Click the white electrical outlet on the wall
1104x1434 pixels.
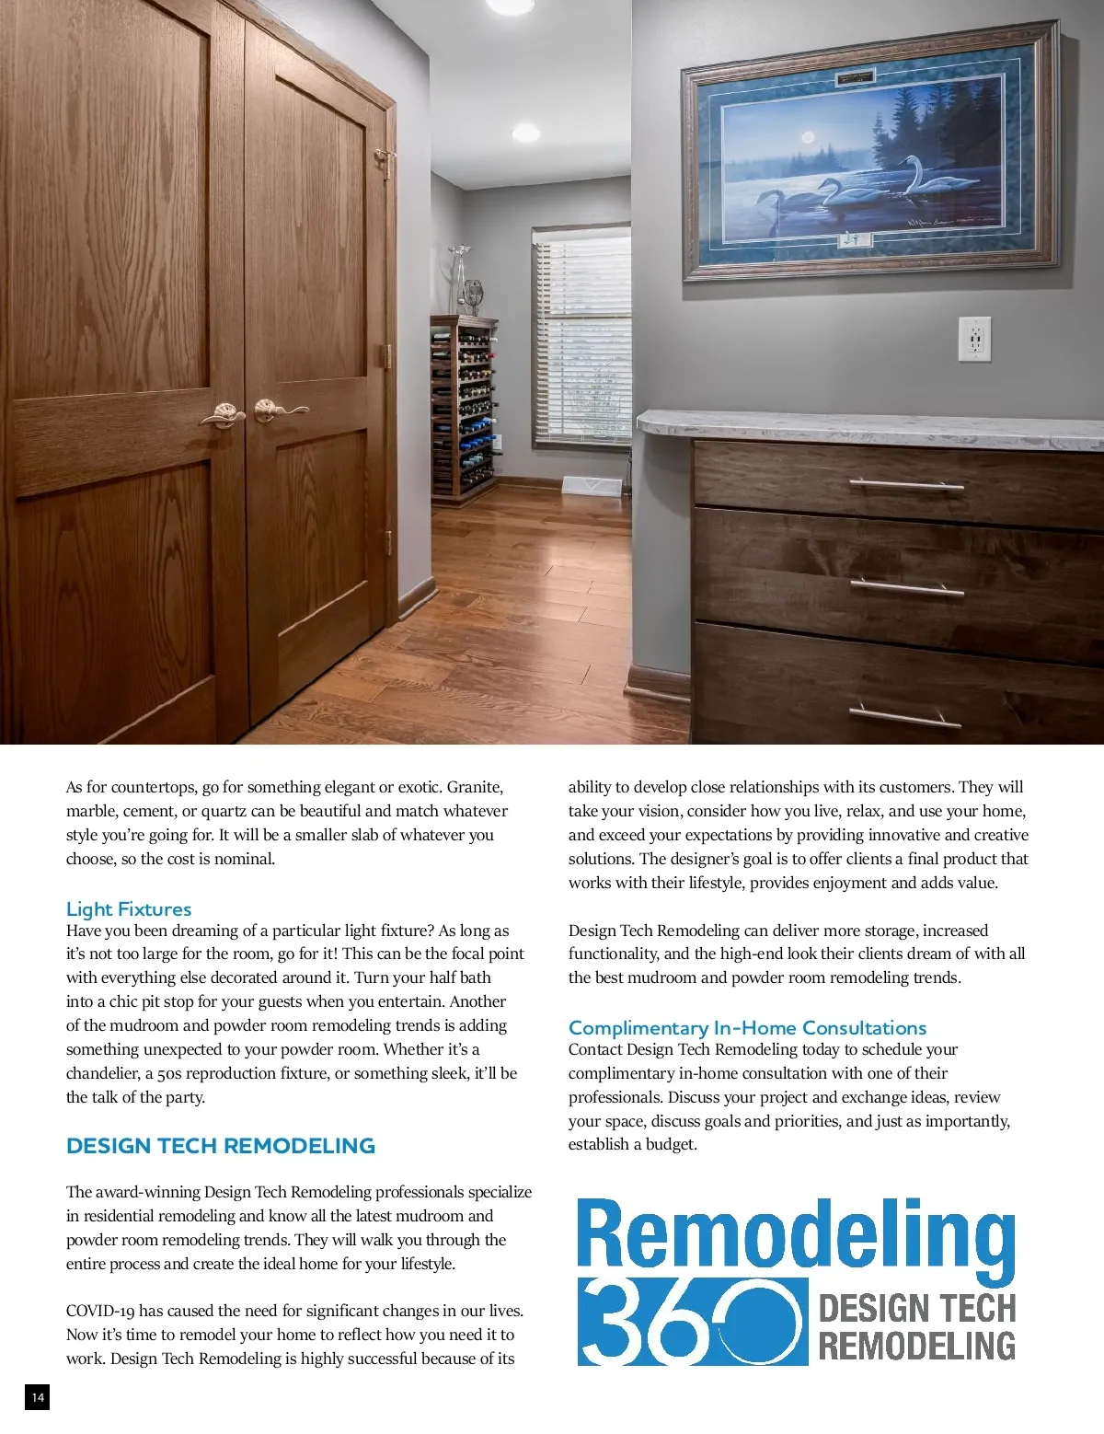pyautogui.click(x=974, y=339)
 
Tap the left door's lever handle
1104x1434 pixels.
pyautogui.click(x=222, y=416)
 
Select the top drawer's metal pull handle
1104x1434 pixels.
pyautogui.click(x=905, y=484)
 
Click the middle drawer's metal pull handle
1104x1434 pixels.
pyautogui.click(x=906, y=586)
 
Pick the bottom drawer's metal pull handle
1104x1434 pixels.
pyautogui.click(x=903, y=716)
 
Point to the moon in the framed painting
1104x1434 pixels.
pyautogui.click(x=810, y=137)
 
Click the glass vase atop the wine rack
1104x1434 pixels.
pyautogui.click(x=458, y=279)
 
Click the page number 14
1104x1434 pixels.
pyautogui.click(x=37, y=1398)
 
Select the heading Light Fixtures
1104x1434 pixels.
pyautogui.click(x=129, y=909)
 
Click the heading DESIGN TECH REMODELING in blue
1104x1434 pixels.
pyautogui.click(x=221, y=1146)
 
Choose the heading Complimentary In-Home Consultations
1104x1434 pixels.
pyautogui.click(x=747, y=1028)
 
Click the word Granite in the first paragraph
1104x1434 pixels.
pyautogui.click(x=475, y=787)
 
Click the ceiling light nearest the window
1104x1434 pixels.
pyautogui.click(x=525, y=133)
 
